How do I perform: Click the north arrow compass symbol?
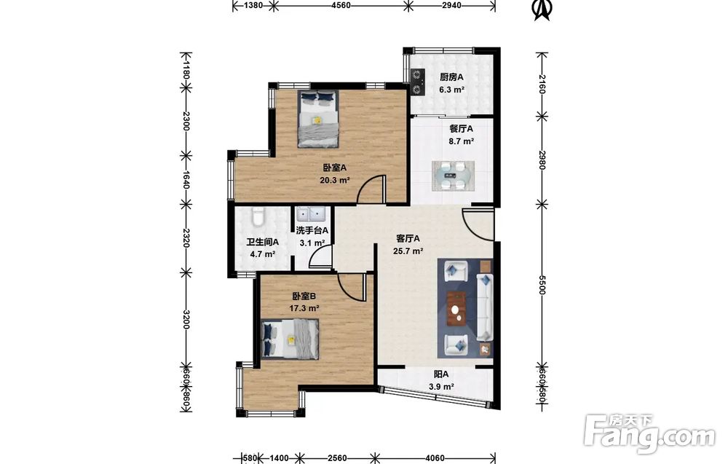[x=542, y=9]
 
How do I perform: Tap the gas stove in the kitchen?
[x=419, y=82]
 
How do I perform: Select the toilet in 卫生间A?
[x=258, y=217]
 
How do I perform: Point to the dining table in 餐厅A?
[x=453, y=176]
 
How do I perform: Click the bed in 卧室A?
[x=318, y=119]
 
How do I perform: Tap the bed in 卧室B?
[x=290, y=339]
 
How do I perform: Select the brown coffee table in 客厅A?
[x=457, y=309]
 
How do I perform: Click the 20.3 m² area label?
[x=335, y=181]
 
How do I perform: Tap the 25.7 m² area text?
[x=408, y=252]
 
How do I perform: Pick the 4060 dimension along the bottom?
[x=435, y=458]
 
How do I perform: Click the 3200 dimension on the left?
[x=186, y=319]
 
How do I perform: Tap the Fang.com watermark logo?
[x=649, y=434]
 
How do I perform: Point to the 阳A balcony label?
[x=441, y=374]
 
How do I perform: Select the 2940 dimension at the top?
[x=451, y=6]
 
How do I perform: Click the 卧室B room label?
[x=304, y=296]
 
